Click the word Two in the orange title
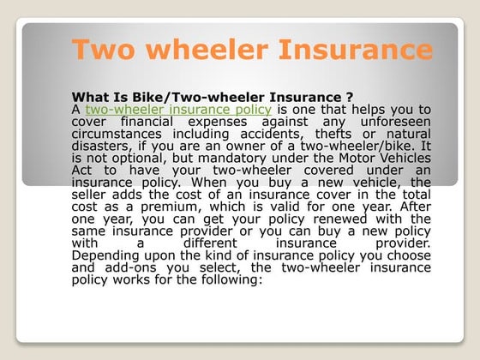click(101, 49)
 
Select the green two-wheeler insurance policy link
click(178, 110)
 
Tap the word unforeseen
click(398, 123)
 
